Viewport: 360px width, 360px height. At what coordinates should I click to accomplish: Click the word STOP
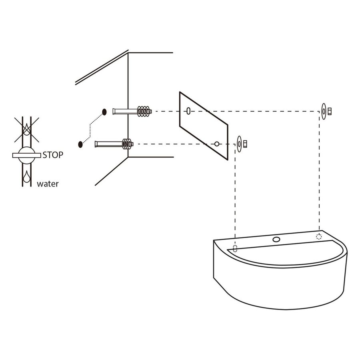point(53,155)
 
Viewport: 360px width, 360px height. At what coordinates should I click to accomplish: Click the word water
point(48,184)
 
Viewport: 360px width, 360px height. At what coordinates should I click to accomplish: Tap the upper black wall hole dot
point(104,112)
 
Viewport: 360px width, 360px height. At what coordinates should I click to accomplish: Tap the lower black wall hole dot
point(80,144)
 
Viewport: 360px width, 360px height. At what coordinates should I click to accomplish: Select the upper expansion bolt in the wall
point(132,111)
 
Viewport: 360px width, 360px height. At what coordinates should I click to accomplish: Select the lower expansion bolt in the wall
point(114,144)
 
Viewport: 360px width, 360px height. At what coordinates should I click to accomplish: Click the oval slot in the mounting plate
point(188,111)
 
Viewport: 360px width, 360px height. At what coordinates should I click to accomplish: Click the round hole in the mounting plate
point(217,144)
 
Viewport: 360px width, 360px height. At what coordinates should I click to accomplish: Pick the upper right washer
point(324,111)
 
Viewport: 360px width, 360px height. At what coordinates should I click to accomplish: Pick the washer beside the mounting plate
point(239,144)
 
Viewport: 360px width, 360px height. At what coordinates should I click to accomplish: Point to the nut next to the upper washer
point(330,111)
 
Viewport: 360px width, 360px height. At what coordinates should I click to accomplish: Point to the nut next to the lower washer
point(245,144)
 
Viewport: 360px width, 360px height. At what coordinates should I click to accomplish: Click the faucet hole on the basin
point(276,240)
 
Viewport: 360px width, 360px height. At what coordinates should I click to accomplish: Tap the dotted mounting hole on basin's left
point(235,248)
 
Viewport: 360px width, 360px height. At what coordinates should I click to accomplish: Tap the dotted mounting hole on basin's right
point(319,236)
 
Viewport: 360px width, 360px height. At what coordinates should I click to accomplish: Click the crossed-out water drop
point(27,130)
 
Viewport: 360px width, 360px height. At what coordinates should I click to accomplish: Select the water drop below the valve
point(27,177)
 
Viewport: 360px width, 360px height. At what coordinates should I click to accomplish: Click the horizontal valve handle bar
point(27,156)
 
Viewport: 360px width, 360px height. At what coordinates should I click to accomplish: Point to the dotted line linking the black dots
point(90,128)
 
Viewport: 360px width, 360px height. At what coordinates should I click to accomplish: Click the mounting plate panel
point(204,126)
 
